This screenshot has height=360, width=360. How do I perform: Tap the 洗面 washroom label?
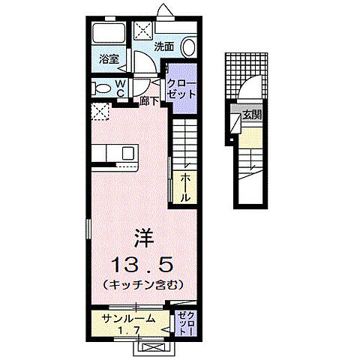point(164,46)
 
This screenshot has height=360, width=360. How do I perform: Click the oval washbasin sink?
point(189,48)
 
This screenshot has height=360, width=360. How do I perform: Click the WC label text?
point(121,88)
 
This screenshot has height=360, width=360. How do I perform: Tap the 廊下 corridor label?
point(148,99)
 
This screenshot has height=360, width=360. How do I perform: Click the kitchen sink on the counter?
point(127,153)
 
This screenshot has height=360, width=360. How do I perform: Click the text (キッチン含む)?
point(142,286)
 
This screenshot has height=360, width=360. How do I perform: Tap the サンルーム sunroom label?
point(130,318)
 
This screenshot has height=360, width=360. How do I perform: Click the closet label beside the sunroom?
point(187,323)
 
